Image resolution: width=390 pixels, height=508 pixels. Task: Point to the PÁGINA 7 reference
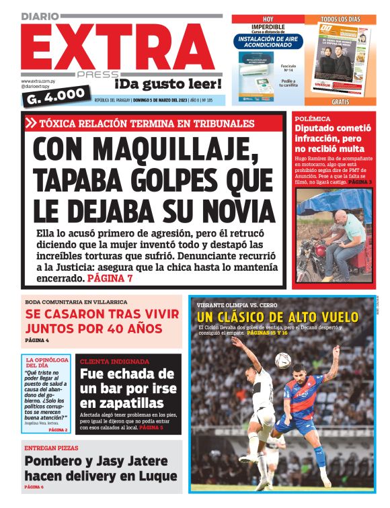click(x=110, y=278)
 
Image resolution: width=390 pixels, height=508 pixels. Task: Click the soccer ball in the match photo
click(x=282, y=360)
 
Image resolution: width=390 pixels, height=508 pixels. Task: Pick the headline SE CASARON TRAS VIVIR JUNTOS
click(x=102, y=321)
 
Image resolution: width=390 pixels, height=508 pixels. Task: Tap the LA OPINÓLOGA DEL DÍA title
click(x=47, y=363)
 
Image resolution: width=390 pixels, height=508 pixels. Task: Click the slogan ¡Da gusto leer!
click(x=168, y=84)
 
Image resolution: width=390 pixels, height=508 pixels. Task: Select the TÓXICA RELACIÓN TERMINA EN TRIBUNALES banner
click(x=147, y=124)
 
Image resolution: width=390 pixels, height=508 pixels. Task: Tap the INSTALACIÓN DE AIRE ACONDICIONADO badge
click(x=269, y=42)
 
